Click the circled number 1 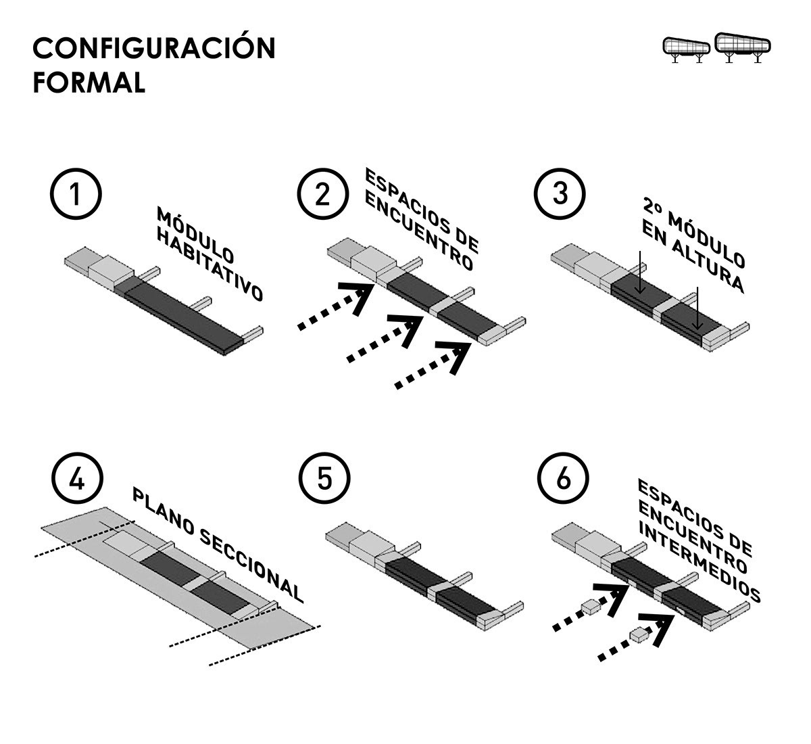click(76, 194)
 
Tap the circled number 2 click(322, 194)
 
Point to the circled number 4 click(77, 479)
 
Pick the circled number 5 click(324, 478)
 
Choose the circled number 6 click(563, 478)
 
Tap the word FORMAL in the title click(89, 83)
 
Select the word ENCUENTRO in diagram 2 click(418, 231)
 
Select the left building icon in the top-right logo click(686, 49)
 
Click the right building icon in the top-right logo click(743, 47)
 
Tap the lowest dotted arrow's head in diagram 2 click(454, 356)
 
